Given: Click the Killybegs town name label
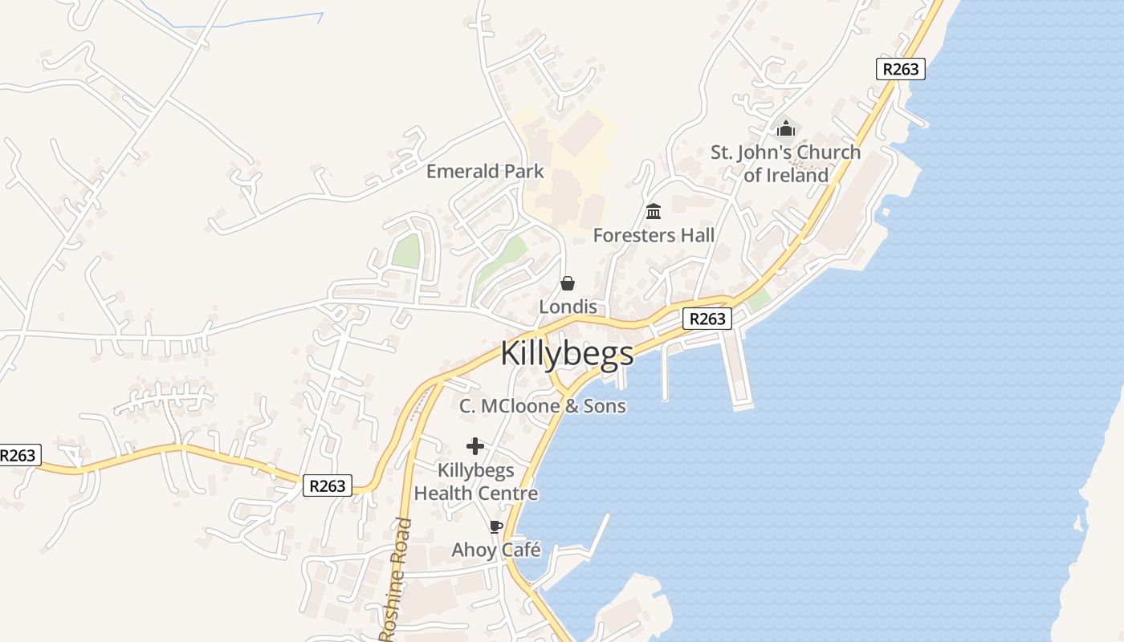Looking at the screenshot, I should [567, 354].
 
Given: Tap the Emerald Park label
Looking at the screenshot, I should [484, 171].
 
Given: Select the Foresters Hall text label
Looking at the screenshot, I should [654, 235].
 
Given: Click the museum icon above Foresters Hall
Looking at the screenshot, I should [654, 212].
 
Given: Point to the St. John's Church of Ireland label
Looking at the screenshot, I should [785, 164].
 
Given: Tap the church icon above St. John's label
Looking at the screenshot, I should [785, 128].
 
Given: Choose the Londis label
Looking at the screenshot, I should [568, 307].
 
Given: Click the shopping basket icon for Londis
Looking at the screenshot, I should [568, 283].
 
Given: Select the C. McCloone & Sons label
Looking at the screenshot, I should [542, 406].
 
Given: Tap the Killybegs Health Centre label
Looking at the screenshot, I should [475, 481].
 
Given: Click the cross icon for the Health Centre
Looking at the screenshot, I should [475, 446].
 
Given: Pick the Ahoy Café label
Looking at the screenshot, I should [495, 551].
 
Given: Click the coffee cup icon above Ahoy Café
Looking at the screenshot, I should [495, 527].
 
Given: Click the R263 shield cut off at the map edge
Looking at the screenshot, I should [18, 455].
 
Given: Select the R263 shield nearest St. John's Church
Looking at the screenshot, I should [900, 69].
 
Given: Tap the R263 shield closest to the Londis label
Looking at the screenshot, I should [707, 319].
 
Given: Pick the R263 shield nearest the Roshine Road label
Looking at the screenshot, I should [328, 486].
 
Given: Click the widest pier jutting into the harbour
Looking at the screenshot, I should [739, 369].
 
